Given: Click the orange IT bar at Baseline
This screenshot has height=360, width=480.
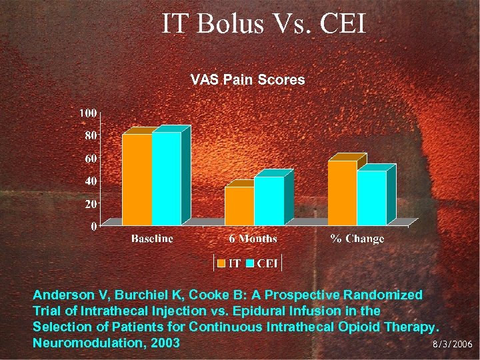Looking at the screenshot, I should point(137,179).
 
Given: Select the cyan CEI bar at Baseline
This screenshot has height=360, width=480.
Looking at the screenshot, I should point(166,178).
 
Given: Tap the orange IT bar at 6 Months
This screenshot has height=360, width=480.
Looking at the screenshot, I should point(239,206).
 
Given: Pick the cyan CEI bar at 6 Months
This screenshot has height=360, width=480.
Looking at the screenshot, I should point(269,201).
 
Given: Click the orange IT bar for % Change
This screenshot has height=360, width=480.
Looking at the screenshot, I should point(342,193).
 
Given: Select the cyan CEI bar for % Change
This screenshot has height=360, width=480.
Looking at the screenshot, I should point(371,198).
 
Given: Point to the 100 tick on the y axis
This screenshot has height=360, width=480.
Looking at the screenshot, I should point(87,112).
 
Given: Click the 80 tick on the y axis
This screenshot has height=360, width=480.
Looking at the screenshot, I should point(90,135).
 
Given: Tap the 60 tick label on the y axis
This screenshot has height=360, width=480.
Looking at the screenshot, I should point(90,159).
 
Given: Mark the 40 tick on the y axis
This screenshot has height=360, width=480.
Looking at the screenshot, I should point(90,181).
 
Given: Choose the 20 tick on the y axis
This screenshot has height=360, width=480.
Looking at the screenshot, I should point(90,203).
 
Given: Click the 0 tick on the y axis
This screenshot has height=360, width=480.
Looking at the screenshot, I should point(93,227).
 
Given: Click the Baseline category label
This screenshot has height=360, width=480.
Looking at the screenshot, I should point(152,239).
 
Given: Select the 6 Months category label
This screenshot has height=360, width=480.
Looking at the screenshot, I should point(253,239).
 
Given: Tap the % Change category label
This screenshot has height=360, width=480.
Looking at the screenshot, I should point(357,239).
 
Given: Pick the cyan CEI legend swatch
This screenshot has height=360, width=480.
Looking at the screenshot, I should point(250,263).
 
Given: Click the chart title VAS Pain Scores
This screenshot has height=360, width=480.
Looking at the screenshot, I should point(247,80).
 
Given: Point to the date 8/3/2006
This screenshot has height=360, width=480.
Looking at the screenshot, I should point(452,345).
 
